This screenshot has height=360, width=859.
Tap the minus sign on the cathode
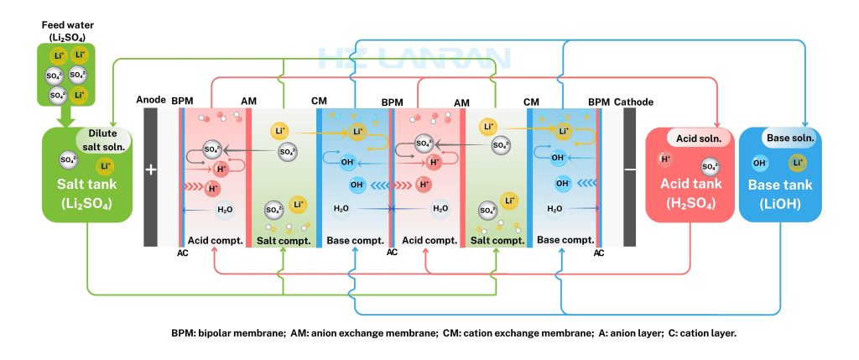tap(631, 170)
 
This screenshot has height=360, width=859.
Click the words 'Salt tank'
tap(87, 184)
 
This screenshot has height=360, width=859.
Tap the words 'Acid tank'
tap(690, 184)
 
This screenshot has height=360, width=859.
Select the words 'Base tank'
tap(781, 185)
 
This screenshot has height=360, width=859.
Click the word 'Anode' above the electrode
tap(151, 102)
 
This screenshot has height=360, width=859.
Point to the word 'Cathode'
tap(634, 102)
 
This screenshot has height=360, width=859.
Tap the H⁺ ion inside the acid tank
tap(665, 159)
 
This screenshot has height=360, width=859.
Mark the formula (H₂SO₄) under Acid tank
tap(690, 204)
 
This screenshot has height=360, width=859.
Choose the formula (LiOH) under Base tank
tap(780, 204)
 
